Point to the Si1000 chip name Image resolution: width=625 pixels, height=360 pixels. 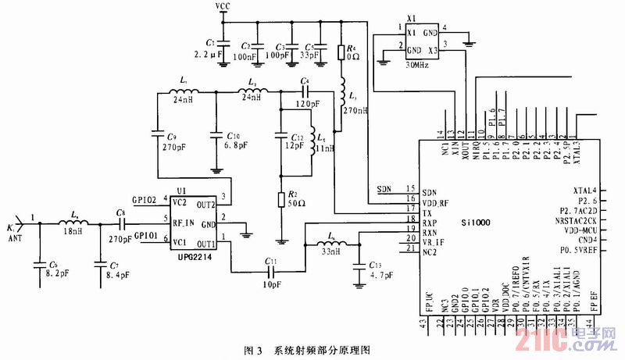(x=475, y=222)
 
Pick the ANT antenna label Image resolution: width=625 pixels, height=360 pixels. (x=16, y=237)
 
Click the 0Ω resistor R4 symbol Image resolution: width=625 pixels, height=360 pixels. (x=341, y=53)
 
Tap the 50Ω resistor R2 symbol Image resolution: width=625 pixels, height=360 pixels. (x=280, y=200)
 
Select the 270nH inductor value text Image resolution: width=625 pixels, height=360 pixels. (x=355, y=110)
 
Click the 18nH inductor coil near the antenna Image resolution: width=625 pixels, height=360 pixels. (x=73, y=223)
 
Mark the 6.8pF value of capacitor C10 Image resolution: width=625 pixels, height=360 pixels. (x=235, y=145)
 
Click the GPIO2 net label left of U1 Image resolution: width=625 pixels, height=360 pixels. (x=145, y=201)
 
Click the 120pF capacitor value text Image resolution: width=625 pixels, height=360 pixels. (x=307, y=102)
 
